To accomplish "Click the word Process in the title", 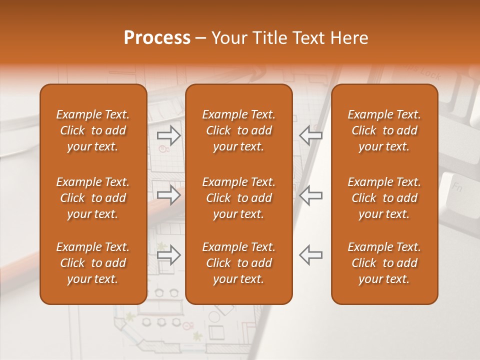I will (157, 38).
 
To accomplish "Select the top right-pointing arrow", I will (169, 135).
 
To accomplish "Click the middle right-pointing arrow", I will (169, 194).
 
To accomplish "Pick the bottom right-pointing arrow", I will (169, 254).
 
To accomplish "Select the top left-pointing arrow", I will (310, 135).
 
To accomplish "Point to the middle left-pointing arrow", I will (310, 194).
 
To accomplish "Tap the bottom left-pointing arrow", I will (310, 254).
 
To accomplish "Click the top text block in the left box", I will (93, 130).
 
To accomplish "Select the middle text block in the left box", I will (93, 198).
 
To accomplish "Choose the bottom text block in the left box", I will (93, 263).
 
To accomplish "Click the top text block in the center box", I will (239, 130).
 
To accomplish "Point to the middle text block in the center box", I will (239, 198).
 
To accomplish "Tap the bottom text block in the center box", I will (239, 263).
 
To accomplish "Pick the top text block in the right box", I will (384, 130).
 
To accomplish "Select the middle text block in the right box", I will (384, 198).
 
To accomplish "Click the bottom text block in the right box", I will (384, 263).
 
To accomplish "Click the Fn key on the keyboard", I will (456, 188).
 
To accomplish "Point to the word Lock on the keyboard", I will (430, 75).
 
